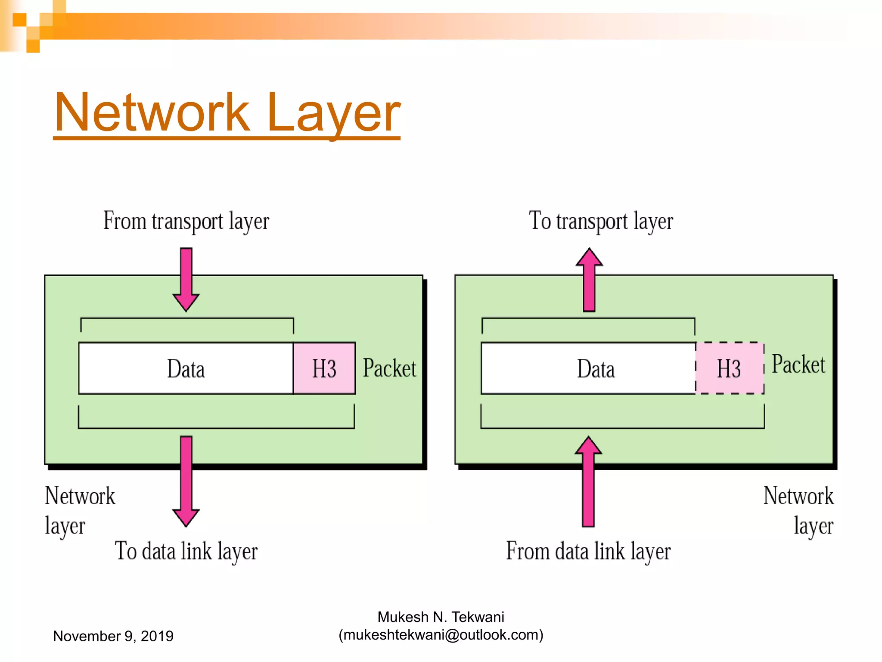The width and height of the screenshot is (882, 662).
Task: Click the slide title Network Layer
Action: pyautogui.click(x=227, y=113)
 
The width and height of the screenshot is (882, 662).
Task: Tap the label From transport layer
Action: pyautogui.click(x=186, y=222)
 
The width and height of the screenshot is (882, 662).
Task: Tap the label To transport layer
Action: pyautogui.click(x=601, y=222)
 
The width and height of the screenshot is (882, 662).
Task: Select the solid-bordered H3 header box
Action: pyautogui.click(x=324, y=368)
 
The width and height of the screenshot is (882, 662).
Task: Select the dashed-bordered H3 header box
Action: pyautogui.click(x=729, y=368)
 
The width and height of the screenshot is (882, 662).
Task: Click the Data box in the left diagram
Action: pyautogui.click(x=186, y=368)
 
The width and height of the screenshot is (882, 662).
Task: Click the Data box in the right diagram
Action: pyautogui.click(x=588, y=368)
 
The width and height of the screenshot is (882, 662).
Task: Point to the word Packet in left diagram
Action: pyautogui.click(x=389, y=368)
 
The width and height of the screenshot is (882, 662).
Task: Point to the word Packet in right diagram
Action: pyautogui.click(x=798, y=365)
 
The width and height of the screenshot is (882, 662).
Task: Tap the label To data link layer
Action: pyautogui.click(x=186, y=552)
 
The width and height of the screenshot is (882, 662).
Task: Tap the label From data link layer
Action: pyautogui.click(x=588, y=552)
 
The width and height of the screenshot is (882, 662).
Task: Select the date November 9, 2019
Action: pyautogui.click(x=113, y=636)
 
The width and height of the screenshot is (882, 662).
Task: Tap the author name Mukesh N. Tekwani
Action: pyautogui.click(x=441, y=617)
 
